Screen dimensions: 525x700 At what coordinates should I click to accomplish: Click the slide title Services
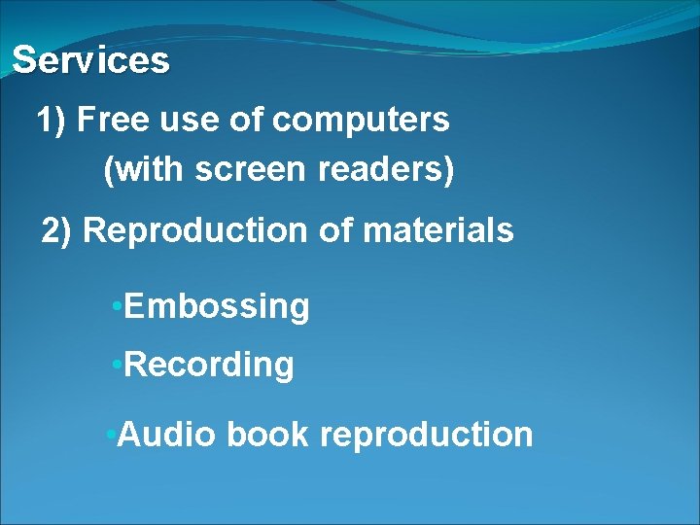[90, 60]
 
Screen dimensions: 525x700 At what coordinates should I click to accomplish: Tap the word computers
[361, 122]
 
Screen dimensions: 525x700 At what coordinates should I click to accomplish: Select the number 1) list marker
[52, 121]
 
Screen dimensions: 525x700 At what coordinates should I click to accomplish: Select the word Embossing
[217, 307]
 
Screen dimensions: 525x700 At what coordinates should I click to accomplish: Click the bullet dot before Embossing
[116, 307]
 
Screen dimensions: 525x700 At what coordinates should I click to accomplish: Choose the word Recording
[209, 366]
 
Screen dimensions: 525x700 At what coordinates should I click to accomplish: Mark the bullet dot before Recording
[116, 366]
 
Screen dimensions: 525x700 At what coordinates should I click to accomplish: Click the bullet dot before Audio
[110, 434]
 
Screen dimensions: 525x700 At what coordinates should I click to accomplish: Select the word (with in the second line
[144, 171]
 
